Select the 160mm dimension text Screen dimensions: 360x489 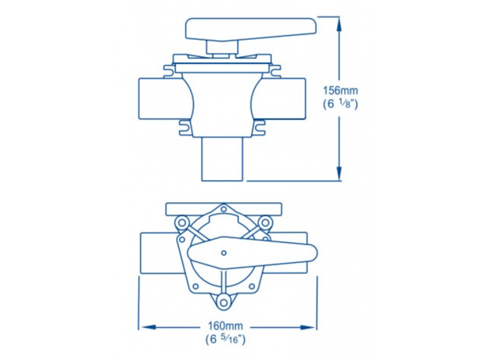(x=225, y=326)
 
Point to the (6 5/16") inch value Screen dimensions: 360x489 (x=225, y=338)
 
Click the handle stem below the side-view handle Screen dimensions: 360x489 (x=221, y=47)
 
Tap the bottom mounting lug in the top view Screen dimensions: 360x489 (x=223, y=302)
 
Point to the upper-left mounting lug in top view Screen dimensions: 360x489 (x=181, y=222)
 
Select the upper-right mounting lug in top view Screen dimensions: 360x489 (x=265, y=222)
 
